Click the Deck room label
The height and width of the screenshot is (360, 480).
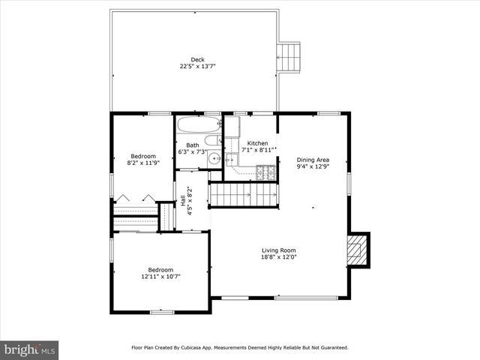[197, 60]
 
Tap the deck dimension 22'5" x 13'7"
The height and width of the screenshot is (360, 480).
[197, 67]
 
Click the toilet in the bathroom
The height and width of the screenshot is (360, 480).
[212, 139]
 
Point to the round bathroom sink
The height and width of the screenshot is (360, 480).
[214, 157]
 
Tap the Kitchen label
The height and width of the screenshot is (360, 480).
[257, 143]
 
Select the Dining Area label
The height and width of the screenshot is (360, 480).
[313, 160]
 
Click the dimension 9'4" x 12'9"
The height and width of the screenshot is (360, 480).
[313, 166]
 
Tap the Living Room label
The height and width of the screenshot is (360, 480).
[278, 250]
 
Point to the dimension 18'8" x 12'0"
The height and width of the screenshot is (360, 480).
[278, 257]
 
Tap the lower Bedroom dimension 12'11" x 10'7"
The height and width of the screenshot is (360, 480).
[160, 276]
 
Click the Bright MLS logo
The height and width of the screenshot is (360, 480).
[30, 349]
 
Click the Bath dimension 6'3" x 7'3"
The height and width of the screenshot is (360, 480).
[192, 152]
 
